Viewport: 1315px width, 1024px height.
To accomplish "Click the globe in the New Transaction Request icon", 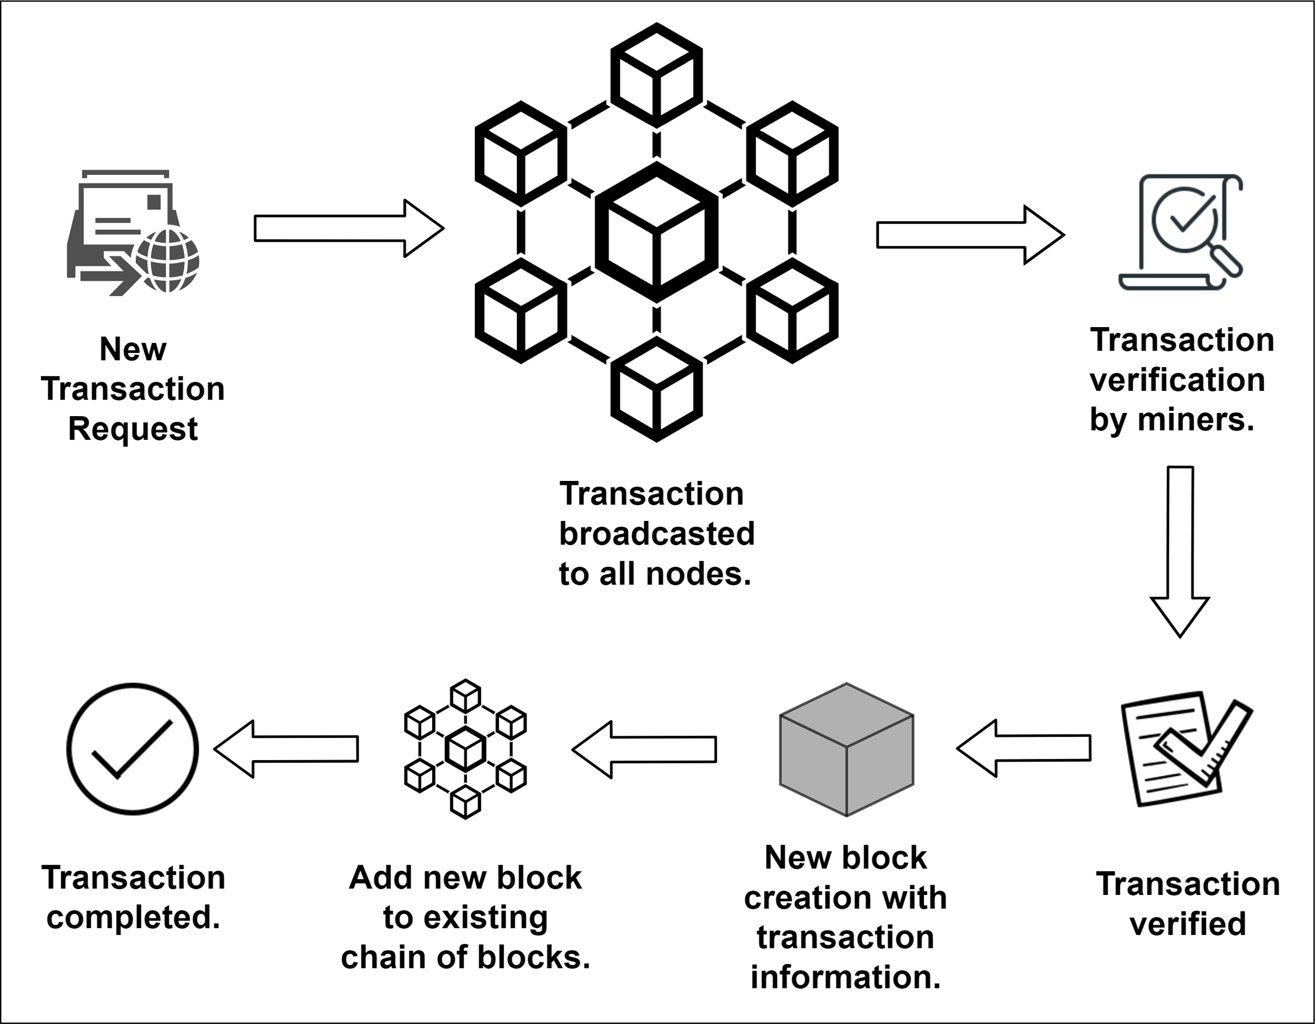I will (167, 260).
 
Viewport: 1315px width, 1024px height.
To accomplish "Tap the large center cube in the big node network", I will (656, 232).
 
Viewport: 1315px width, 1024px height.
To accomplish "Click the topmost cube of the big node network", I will (656, 75).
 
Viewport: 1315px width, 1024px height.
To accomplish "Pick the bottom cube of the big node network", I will (656, 389).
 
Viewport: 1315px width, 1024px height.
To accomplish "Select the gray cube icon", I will (847, 749).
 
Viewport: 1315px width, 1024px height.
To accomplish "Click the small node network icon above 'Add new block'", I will (465, 749).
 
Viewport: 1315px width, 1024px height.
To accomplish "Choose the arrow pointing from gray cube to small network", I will (644, 749).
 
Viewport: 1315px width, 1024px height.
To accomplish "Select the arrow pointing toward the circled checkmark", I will (287, 749).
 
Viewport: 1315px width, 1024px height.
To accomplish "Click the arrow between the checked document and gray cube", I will (1024, 748).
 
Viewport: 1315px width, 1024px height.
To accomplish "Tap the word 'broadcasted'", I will (656, 534).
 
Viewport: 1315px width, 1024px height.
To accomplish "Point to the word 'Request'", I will (132, 429).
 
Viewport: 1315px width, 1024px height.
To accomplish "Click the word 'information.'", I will (846, 976).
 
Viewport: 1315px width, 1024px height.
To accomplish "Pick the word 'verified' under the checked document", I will (1187, 924).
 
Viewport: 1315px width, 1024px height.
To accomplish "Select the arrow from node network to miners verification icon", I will (970, 234).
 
